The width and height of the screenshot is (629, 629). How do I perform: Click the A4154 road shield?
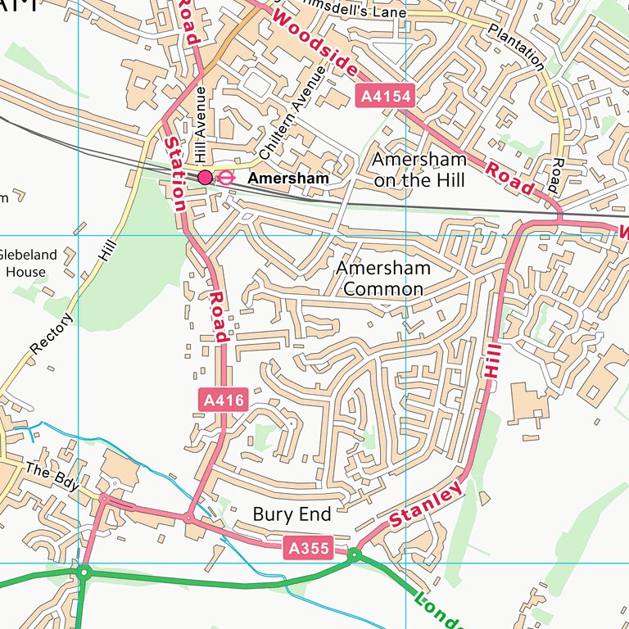(x=386, y=97)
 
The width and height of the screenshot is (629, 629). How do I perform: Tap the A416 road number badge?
(x=223, y=400)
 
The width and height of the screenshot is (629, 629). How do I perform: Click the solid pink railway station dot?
(x=205, y=177)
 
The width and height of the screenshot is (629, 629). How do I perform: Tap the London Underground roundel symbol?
(x=227, y=177)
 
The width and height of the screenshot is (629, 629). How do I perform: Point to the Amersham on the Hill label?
(x=419, y=170)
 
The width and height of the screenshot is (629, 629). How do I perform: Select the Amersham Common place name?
(x=382, y=278)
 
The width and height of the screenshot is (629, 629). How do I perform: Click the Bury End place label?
(x=292, y=514)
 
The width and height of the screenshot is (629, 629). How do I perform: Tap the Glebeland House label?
(x=29, y=263)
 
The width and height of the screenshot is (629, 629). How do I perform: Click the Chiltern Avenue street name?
(x=292, y=113)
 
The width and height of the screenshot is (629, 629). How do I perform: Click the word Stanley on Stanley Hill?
(x=427, y=505)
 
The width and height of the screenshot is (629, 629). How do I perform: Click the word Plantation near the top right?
(x=516, y=46)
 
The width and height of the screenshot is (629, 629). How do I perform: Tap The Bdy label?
(x=52, y=477)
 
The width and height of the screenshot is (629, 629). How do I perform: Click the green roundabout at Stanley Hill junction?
(x=354, y=555)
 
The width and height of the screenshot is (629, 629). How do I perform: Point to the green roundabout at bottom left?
(x=84, y=572)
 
